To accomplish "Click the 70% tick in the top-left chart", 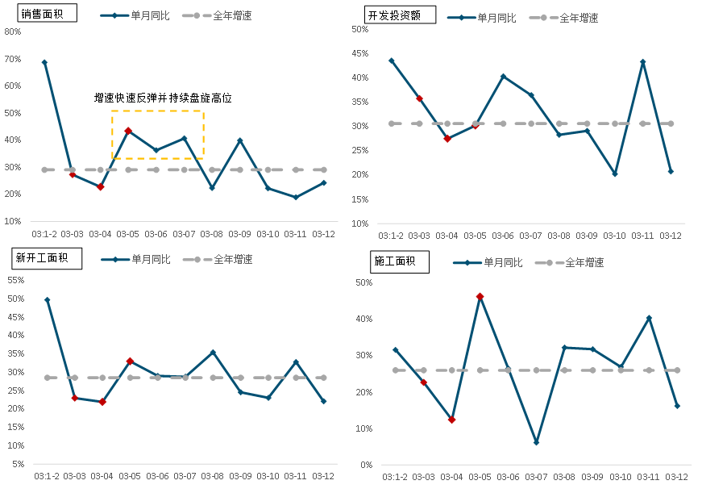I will pyautogui.click(x=13, y=59).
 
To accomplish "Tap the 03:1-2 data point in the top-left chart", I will pyautogui.click(x=44, y=62).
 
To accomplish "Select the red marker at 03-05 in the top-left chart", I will pyautogui.click(x=128, y=130).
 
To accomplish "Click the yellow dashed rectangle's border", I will pyautogui.click(x=157, y=111).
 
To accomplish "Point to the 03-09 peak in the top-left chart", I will pyautogui.click(x=239, y=140).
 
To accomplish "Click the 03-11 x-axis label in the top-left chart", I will pyautogui.click(x=296, y=234).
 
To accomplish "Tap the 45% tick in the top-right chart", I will pyautogui.click(x=359, y=53).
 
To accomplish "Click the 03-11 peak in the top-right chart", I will pyautogui.click(x=642, y=61).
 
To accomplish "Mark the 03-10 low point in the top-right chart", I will pyautogui.click(x=614, y=173).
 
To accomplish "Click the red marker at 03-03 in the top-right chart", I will pyautogui.click(x=419, y=98).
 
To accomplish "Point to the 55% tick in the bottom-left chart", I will pyautogui.click(x=15, y=280).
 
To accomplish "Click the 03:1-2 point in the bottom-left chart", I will pyautogui.click(x=47, y=299).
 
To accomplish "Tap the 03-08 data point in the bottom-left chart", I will pyautogui.click(x=213, y=352).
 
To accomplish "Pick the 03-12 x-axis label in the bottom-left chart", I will pyautogui.click(x=324, y=476).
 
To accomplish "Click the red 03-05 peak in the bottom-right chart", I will pyautogui.click(x=480, y=297).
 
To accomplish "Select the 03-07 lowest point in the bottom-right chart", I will pyautogui.click(x=536, y=442).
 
